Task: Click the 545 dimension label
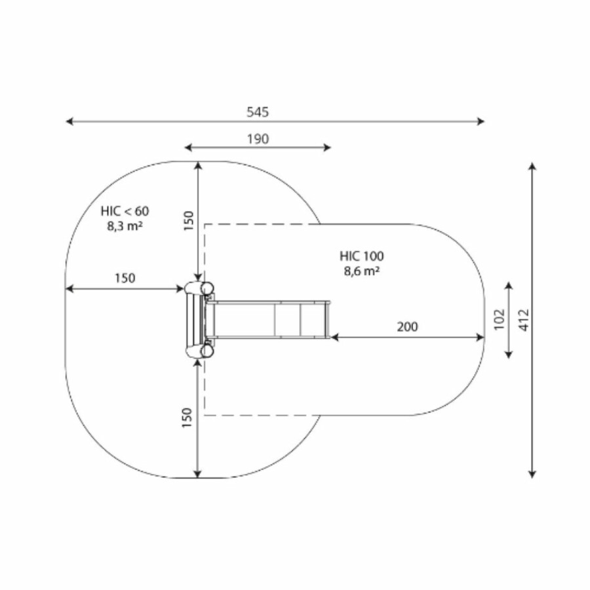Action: point(258,111)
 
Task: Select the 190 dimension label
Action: point(258,139)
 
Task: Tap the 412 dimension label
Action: point(524,320)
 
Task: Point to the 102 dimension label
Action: point(499,319)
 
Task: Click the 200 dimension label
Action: point(407,326)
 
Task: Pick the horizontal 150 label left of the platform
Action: point(125,278)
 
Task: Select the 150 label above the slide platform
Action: point(188,220)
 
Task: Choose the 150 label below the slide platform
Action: point(187,418)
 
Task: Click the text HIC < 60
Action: point(125,211)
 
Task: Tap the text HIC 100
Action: point(362,256)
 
